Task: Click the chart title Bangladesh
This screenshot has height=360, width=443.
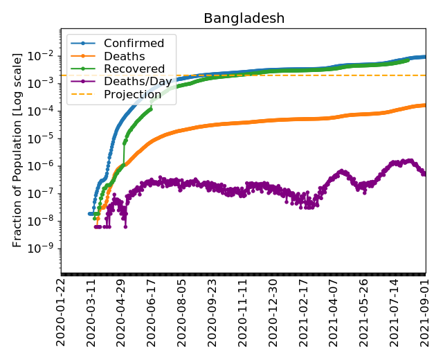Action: pos(244,19)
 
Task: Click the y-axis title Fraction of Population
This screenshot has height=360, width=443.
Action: pos(18,149)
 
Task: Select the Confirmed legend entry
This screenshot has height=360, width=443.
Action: pos(129,44)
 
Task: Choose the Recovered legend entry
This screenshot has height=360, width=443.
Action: pos(129,69)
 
